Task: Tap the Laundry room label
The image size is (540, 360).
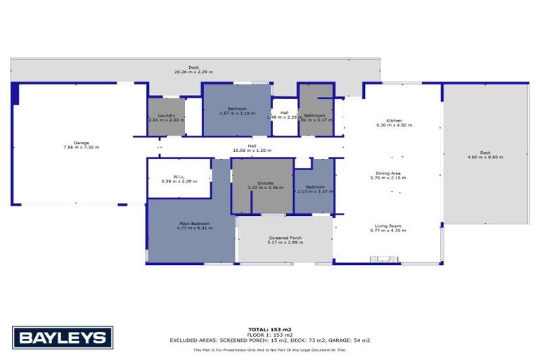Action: click(166, 115)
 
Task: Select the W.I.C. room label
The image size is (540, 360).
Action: click(179, 176)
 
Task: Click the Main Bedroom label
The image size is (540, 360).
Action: click(191, 224)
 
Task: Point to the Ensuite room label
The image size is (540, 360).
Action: click(262, 182)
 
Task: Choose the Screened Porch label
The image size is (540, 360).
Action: click(285, 238)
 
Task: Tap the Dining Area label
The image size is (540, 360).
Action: click(389, 173)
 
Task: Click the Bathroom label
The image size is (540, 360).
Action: click(314, 115)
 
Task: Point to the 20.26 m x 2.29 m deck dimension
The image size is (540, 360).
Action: click(193, 72)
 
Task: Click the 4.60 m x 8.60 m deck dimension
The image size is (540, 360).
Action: click(485, 157)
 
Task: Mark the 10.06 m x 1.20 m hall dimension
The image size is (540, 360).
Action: click(251, 150)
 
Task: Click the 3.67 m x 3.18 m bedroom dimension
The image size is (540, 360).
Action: click(237, 113)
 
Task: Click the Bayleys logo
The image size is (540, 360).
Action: click(63, 338)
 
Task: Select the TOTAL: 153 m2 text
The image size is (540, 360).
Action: click(270, 329)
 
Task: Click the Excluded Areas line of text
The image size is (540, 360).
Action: click(270, 340)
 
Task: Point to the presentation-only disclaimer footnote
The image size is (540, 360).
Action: click(270, 349)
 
